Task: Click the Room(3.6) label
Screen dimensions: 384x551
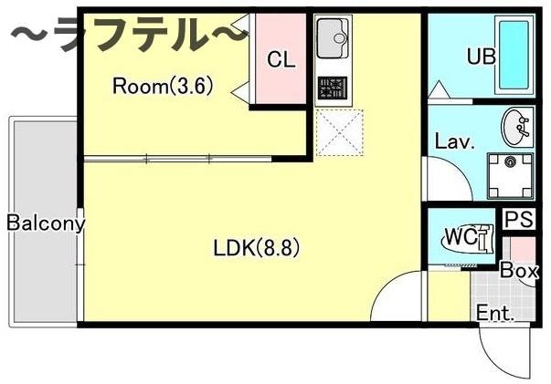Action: click(162, 87)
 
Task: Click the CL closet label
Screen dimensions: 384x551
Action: click(281, 60)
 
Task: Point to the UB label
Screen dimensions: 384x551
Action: click(481, 57)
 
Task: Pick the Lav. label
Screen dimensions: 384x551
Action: click(452, 142)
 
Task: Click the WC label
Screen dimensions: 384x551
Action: click(460, 237)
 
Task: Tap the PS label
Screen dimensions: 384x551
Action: click(518, 220)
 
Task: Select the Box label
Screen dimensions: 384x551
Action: click(518, 270)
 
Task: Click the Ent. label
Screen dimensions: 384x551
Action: click(495, 313)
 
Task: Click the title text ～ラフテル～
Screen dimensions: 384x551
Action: click(128, 36)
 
